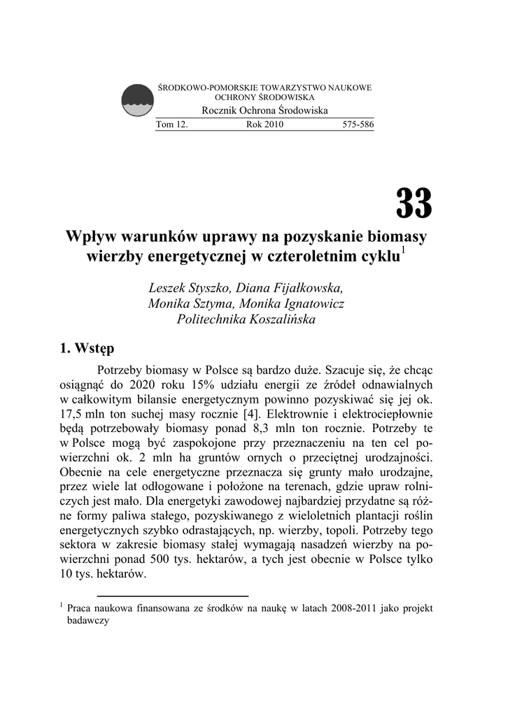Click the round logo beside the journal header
tap(138, 101)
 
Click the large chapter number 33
tap(414, 203)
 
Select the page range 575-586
tap(358, 124)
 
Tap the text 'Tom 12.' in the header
tap(171, 124)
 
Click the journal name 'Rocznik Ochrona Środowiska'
tap(264, 110)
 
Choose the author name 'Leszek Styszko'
tap(190, 289)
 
